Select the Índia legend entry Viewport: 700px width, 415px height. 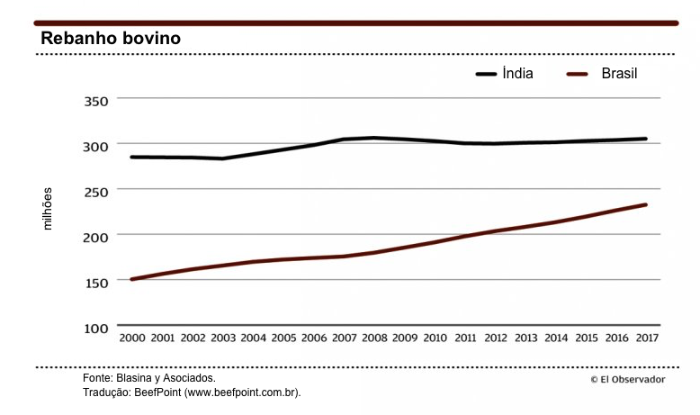tap(517, 74)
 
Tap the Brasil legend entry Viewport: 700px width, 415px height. tap(619, 74)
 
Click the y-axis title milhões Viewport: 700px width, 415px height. tap(49, 208)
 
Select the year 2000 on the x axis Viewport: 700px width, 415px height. tap(132, 338)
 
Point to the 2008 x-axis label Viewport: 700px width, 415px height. tap(374, 338)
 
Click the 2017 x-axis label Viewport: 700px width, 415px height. tap(646, 338)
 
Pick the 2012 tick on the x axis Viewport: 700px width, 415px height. tap(495, 338)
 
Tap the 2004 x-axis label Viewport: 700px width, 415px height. tap(254, 338)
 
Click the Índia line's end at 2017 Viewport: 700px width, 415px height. tap(645, 139)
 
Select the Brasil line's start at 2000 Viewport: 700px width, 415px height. tap(132, 279)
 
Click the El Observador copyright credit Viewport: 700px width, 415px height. tap(628, 380)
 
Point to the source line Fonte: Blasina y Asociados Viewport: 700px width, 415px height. tap(148, 380)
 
